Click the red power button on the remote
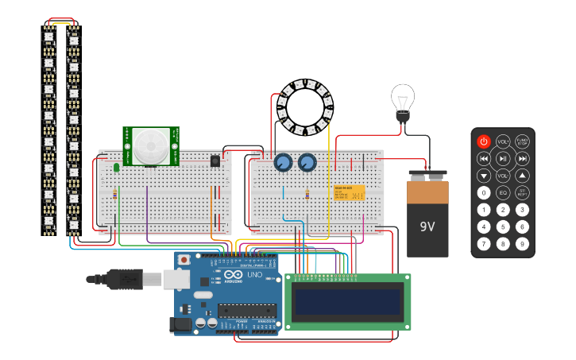click(x=484, y=141)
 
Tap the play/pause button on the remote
click(x=503, y=159)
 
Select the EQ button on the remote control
click(x=503, y=192)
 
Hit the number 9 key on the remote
click(x=522, y=244)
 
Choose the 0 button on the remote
click(x=484, y=192)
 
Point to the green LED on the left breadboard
click(x=117, y=167)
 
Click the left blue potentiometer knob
click(x=282, y=163)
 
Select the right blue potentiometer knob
click(x=307, y=163)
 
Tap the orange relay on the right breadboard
click(x=350, y=193)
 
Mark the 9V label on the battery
click(x=427, y=226)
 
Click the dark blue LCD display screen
click(x=347, y=301)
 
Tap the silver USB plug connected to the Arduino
click(x=176, y=279)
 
